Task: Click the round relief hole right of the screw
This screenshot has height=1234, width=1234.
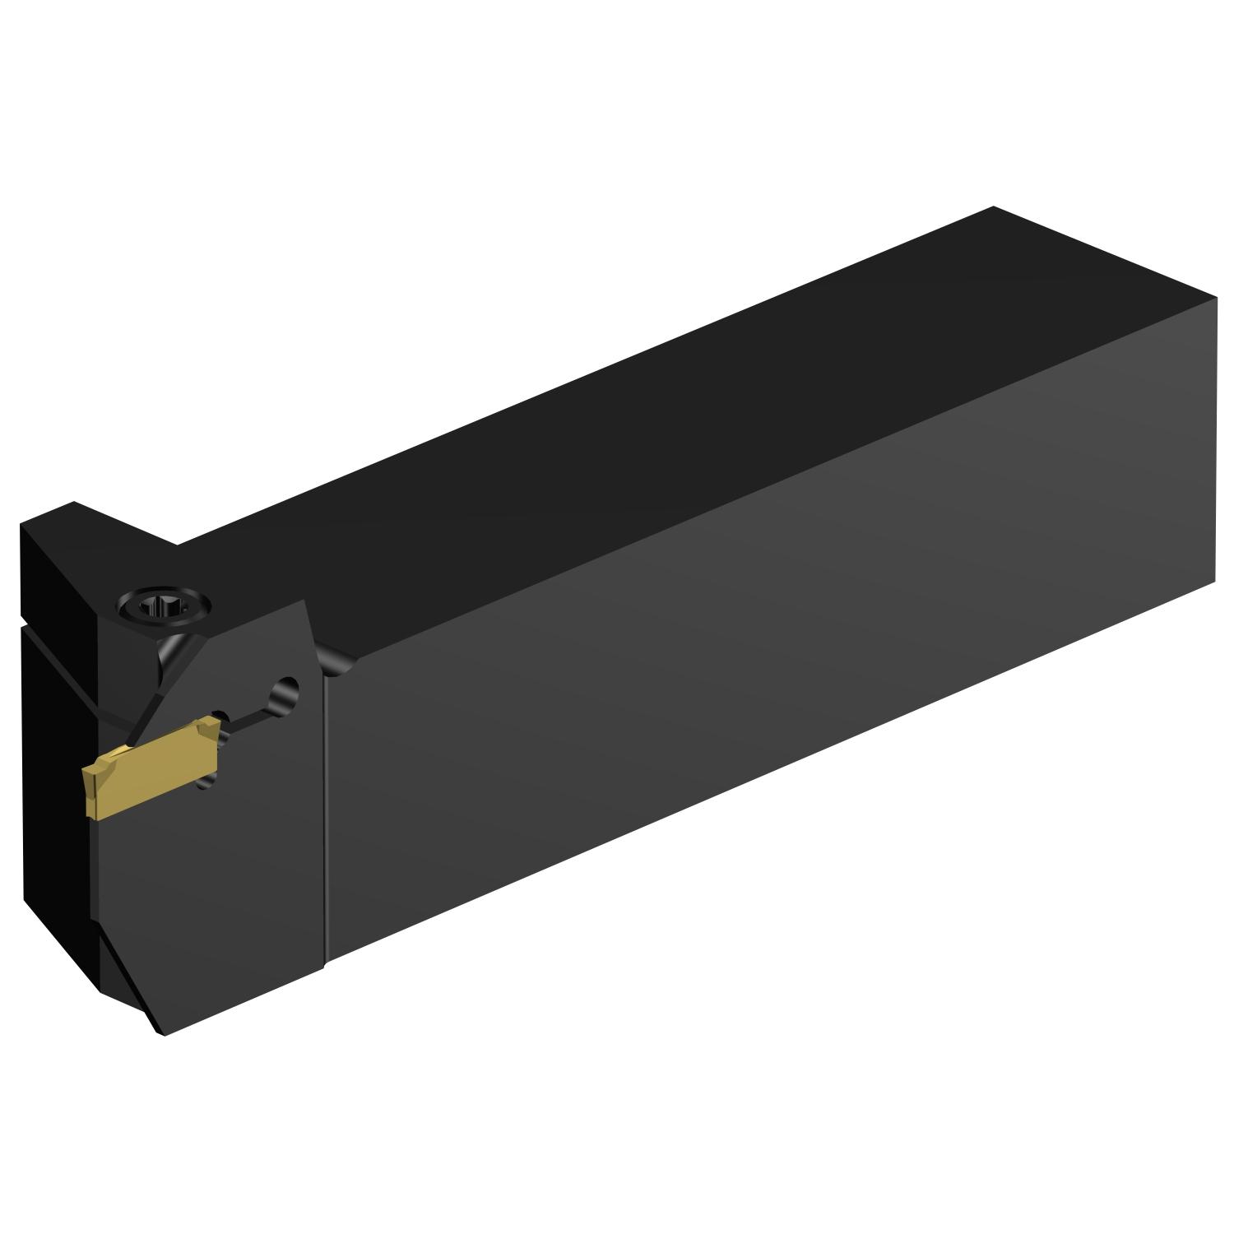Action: point(289,686)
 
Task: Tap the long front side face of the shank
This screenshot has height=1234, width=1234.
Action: point(740,699)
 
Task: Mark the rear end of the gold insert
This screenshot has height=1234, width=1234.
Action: point(212,740)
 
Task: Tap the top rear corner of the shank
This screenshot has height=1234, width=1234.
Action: point(992,207)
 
